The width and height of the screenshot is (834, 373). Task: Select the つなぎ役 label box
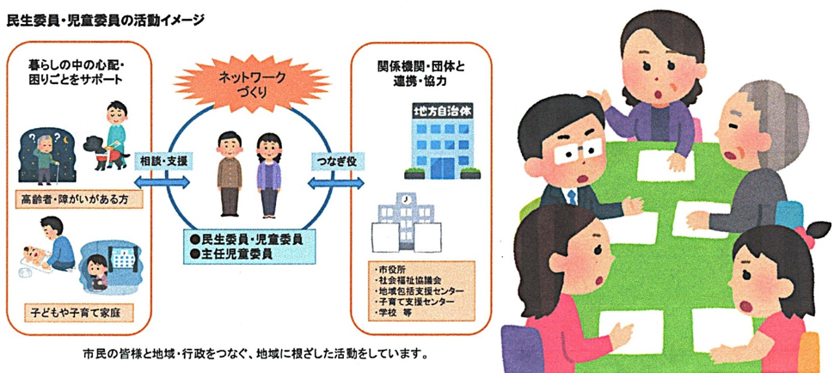coord(334,160)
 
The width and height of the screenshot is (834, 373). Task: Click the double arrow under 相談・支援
coord(162,183)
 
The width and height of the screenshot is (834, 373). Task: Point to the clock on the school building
coord(407,199)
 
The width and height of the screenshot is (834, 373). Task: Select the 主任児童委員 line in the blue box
coord(232,253)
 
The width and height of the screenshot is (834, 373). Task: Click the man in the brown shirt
coord(230,174)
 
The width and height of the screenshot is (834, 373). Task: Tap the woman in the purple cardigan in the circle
coord(268,174)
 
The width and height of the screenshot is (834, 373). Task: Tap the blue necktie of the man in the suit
coord(572,198)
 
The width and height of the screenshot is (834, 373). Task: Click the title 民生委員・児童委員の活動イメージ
coord(105,21)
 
